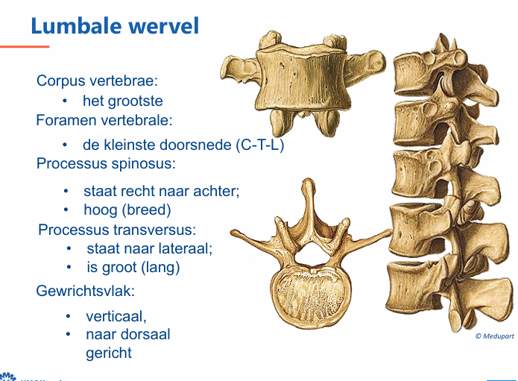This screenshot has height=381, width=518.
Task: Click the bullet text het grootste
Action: pyautogui.click(x=123, y=101)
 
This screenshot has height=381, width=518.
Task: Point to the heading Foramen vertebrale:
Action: pyautogui.click(x=104, y=119)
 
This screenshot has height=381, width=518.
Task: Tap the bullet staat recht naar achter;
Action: pyautogui.click(x=162, y=191)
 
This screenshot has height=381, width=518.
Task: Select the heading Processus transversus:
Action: pyautogui.click(x=117, y=230)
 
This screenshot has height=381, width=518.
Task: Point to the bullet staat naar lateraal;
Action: pyautogui.click(x=150, y=248)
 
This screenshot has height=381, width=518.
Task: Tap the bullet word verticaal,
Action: pyautogui.click(x=116, y=316)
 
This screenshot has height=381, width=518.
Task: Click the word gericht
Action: pyautogui.click(x=109, y=353)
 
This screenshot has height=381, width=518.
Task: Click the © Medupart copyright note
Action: pyautogui.click(x=494, y=336)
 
